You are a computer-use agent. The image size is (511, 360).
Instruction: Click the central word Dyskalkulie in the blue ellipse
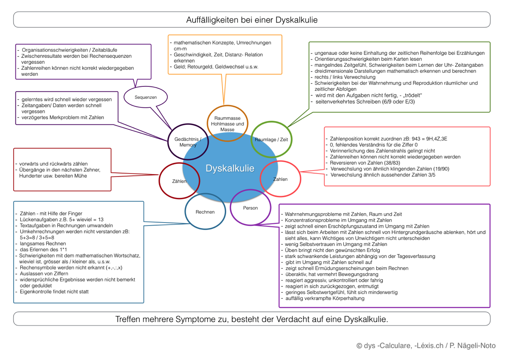point(230,169)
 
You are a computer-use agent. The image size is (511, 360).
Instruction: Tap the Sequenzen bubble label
point(146,97)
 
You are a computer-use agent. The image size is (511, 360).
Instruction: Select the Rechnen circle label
point(205,212)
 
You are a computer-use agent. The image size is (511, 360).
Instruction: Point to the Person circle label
point(250,208)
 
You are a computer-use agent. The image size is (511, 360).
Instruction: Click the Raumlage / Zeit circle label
point(271,140)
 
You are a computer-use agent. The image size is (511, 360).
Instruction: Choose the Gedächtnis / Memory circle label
point(188,142)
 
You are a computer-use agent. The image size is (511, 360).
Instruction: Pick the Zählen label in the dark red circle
point(179,181)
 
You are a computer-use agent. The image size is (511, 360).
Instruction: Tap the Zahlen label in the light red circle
point(280,179)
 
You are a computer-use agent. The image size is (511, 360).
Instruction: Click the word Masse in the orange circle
point(227,129)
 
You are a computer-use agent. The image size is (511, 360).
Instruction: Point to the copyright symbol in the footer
point(359,346)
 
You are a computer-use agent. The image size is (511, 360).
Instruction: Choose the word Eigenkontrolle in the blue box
point(35,291)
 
